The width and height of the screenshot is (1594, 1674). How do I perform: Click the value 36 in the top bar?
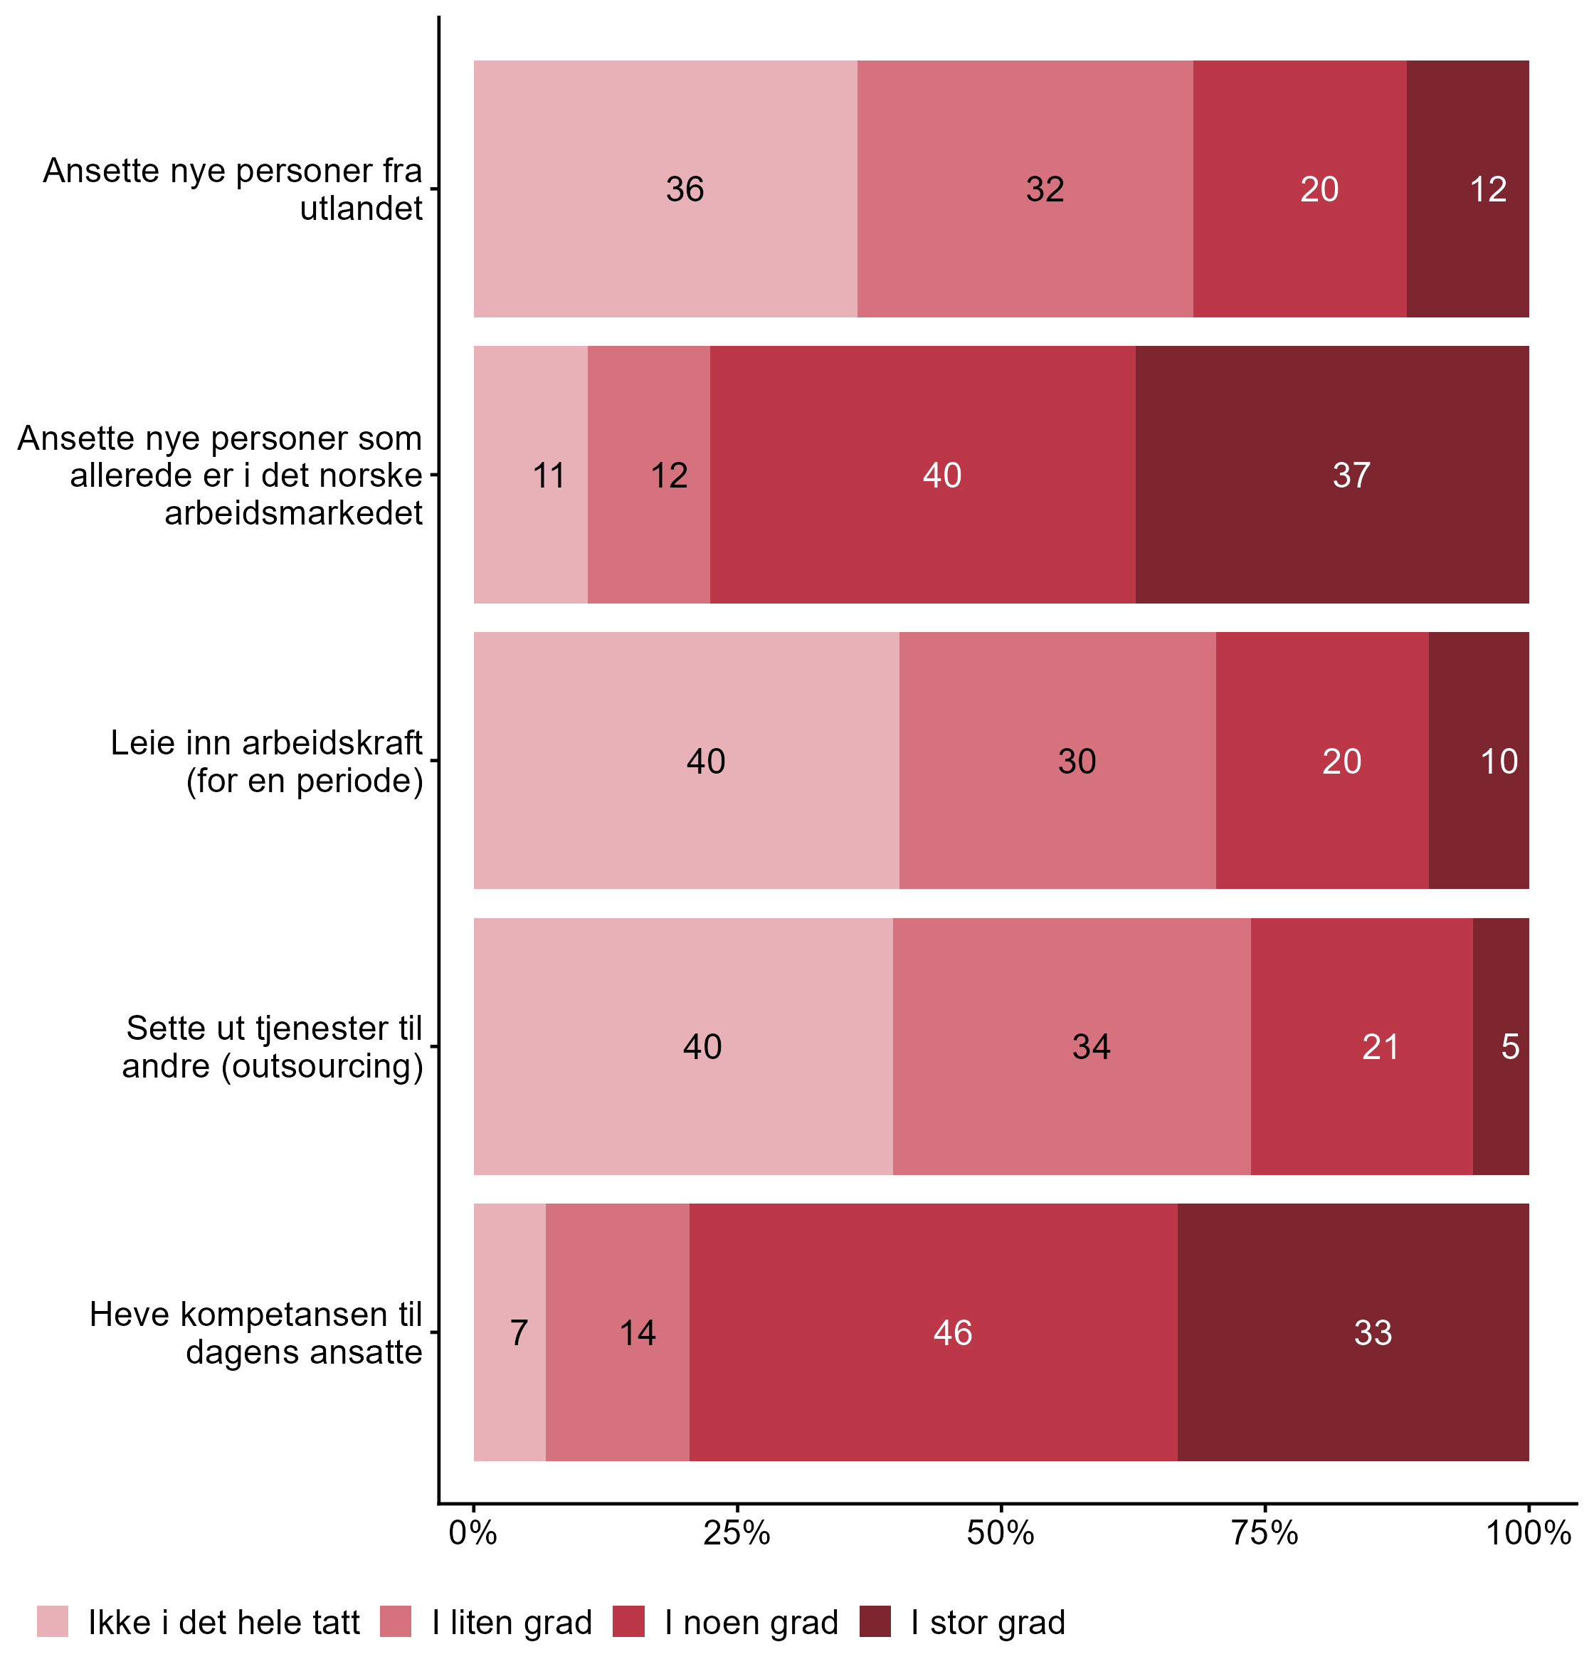685,189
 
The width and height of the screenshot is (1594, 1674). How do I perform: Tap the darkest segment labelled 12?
1488,189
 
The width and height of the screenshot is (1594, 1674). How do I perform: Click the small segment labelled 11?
549,475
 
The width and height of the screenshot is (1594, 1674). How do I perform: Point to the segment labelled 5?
1509,1046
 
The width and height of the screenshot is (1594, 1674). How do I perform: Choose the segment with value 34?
1091,1046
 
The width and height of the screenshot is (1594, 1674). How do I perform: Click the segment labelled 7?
518,1332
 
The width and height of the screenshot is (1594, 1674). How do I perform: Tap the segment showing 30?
1077,761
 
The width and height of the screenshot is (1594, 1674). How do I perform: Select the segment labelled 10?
1498,761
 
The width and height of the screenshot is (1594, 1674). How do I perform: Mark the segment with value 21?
1380,1046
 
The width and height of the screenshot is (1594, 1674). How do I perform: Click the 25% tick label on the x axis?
737,1533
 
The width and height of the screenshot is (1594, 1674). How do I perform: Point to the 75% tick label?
1265,1533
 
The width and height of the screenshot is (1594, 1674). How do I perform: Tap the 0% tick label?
473,1533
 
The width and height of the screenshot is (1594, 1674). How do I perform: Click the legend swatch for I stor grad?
875,1621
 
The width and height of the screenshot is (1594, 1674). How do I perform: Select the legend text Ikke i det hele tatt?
224,1622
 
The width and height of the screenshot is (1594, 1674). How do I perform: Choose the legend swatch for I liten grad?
396,1621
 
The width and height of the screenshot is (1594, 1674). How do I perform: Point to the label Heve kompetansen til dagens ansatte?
255,1332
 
